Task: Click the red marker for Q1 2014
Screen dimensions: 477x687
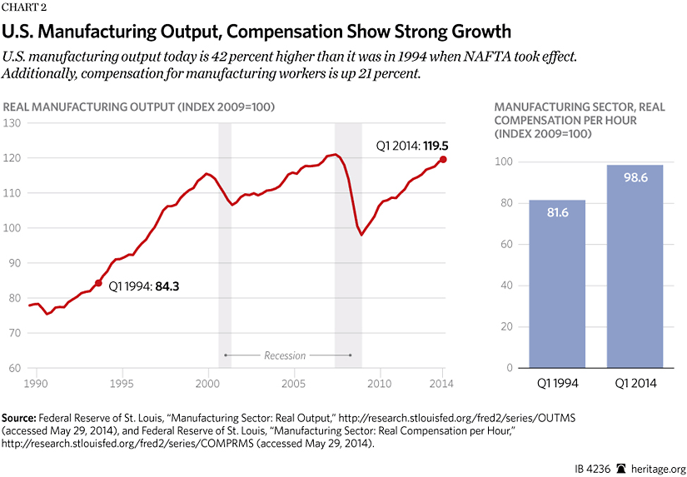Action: [443, 159]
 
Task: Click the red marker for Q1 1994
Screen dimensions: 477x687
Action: [98, 283]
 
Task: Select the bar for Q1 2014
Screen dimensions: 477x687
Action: [635, 266]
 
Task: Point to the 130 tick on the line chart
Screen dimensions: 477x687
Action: [13, 123]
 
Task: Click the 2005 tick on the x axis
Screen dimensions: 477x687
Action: [293, 384]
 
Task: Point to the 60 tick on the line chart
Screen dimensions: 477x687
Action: [13, 368]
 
